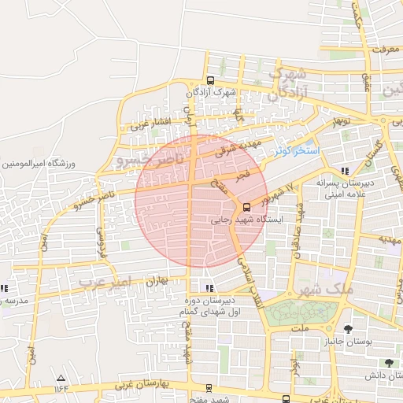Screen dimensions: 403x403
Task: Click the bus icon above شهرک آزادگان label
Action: point(210,80)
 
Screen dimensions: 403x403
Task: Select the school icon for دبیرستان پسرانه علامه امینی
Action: point(344,171)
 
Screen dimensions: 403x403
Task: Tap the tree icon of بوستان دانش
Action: point(389,363)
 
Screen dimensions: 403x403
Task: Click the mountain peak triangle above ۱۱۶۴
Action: point(61,378)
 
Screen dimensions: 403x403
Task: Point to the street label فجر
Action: point(241,172)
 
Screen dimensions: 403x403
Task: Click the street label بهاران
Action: point(157,280)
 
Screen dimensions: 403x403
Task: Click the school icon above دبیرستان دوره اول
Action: point(209,287)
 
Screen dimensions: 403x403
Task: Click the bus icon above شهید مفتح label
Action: point(208,388)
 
